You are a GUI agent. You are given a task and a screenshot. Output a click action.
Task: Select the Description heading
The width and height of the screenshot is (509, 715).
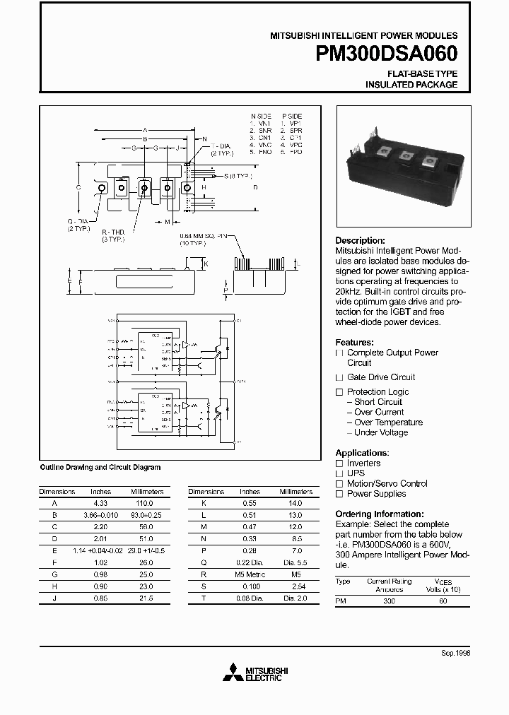[360, 240]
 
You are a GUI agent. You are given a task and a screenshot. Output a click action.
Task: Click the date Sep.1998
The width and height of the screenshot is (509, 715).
[455, 653]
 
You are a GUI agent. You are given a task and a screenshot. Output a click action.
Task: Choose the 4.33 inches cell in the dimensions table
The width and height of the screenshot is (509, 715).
[101, 504]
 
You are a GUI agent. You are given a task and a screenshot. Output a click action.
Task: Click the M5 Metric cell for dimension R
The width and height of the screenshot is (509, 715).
[250, 574]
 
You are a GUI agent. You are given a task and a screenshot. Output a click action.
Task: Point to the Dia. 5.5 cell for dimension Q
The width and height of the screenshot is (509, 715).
[295, 562]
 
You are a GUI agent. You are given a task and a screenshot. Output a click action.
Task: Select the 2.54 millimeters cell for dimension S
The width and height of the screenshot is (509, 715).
[295, 586]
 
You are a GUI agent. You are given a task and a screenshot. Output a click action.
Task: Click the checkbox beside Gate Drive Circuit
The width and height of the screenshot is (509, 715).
[339, 377]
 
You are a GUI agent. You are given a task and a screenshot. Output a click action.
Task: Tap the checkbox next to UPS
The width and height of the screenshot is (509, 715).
[339, 473]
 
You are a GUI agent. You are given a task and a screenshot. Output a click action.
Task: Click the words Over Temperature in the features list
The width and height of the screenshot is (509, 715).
[388, 422]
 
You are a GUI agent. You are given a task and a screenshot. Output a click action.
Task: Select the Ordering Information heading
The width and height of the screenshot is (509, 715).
[379, 514]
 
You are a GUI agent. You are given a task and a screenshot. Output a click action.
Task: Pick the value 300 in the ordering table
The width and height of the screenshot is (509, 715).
[389, 601]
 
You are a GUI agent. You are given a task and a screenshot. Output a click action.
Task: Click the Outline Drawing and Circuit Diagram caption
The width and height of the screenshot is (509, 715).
[100, 467]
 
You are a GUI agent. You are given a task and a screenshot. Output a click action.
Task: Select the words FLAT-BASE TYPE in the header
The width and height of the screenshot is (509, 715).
[422, 73]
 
